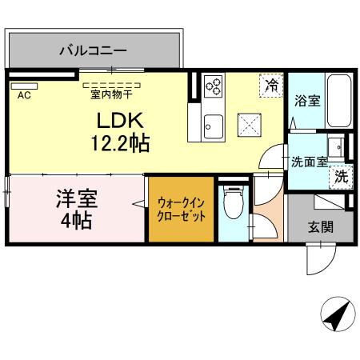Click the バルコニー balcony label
coord(93,50)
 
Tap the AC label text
coord(23,94)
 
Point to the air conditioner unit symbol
coord(24,83)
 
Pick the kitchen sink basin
coord(213,126)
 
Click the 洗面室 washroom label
coord(308,161)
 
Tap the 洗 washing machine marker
coord(342,177)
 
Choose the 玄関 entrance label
coord(322,227)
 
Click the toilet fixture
coord(234,203)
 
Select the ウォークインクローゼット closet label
coord(182,210)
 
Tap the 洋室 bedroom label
coord(73,196)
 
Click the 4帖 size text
coord(75,220)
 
